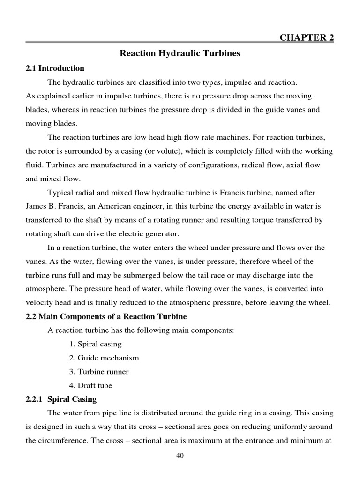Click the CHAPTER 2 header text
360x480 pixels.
(307, 37)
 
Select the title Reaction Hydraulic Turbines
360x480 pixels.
(180, 53)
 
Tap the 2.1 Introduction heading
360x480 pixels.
(55, 68)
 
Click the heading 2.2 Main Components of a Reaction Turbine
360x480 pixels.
(106, 316)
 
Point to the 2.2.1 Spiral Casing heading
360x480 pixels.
(61, 399)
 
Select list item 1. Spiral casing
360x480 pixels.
(95, 344)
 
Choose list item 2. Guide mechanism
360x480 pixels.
(104, 358)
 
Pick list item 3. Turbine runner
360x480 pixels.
(99, 372)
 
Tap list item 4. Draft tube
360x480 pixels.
(91, 385)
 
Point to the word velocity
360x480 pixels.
(39, 303)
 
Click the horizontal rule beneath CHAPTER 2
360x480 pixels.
(180, 42)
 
